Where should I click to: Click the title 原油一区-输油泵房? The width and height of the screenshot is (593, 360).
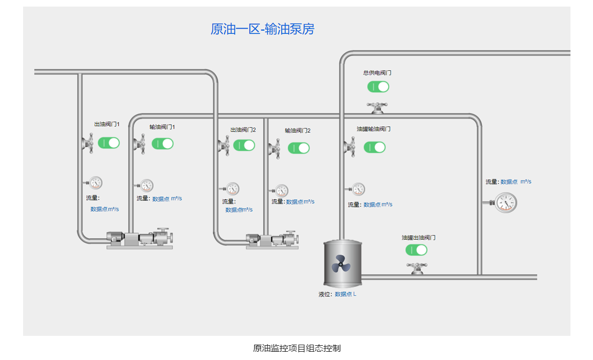click(262, 29)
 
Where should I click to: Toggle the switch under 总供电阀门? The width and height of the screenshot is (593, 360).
click(378, 87)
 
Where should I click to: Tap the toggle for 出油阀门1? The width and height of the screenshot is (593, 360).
click(109, 143)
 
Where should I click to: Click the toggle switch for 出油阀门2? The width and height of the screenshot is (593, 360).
click(244, 145)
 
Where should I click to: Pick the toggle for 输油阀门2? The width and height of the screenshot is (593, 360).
click(299, 148)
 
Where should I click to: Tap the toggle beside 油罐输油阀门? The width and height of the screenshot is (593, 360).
click(374, 147)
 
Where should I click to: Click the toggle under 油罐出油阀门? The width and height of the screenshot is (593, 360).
click(417, 250)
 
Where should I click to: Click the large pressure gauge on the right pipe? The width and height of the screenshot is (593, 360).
click(506, 203)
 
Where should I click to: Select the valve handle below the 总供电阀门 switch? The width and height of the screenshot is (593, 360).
click(377, 107)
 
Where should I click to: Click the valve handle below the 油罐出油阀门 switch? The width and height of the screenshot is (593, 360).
click(417, 268)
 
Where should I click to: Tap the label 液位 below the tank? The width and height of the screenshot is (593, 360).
click(325, 294)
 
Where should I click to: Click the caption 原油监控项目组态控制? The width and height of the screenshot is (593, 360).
click(296, 348)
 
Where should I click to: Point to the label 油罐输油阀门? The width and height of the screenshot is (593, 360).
click(373, 129)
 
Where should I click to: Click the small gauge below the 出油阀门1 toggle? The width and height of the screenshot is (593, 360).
click(96, 183)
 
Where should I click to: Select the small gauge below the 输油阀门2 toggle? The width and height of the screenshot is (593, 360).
click(282, 190)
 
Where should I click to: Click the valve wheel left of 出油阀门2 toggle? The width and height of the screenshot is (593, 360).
click(224, 147)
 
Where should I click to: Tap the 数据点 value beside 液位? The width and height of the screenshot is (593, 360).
click(343, 294)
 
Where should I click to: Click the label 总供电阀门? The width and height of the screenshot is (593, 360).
click(377, 72)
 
